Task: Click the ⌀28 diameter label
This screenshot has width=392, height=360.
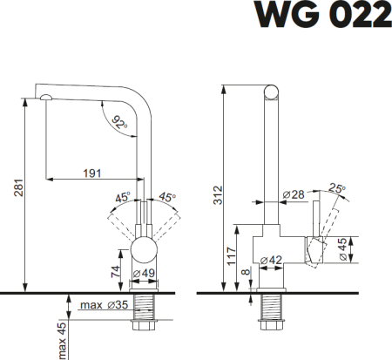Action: click(292, 195)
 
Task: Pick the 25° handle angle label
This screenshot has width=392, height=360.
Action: click(337, 187)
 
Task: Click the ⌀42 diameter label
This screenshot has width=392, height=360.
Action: click(269, 259)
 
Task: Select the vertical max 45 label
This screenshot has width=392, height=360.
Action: click(62, 340)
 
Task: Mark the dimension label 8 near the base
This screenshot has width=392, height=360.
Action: click(247, 273)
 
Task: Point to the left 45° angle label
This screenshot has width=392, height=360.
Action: click(123, 198)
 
